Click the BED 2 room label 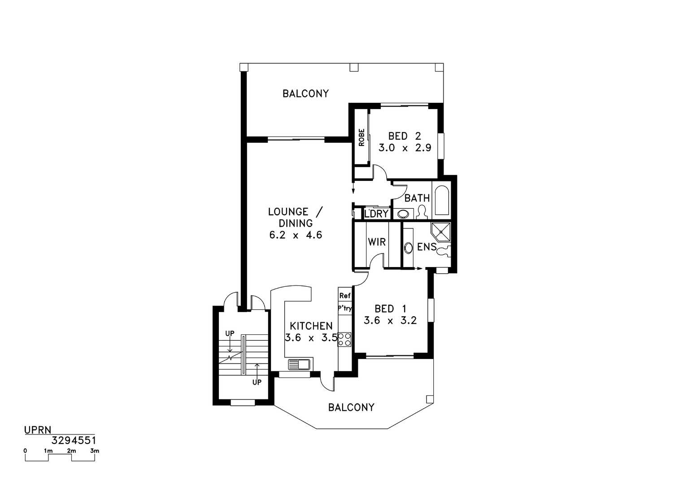click(405, 136)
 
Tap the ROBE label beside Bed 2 click(361, 137)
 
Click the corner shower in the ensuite click(441, 233)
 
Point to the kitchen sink click(299, 364)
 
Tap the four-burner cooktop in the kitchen click(344, 339)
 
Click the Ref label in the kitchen click(344, 296)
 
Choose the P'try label click(344, 308)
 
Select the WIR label click(377, 242)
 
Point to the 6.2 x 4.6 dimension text click(296, 235)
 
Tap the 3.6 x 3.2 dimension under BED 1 click(390, 320)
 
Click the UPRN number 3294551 click(74, 441)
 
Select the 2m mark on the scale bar click(71, 451)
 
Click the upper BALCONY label click(305, 93)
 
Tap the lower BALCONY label click(351, 408)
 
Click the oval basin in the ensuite click(408, 248)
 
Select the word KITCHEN click(311, 326)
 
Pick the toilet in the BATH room click(422, 212)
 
